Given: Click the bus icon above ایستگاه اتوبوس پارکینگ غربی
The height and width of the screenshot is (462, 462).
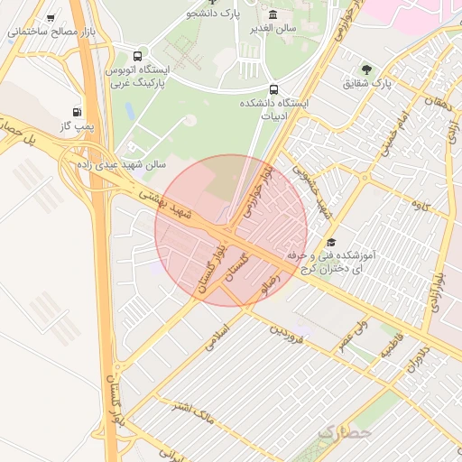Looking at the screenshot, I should pyautogui.click(x=137, y=55).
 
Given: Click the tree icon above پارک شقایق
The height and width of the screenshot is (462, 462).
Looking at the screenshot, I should pyautogui.click(x=367, y=69).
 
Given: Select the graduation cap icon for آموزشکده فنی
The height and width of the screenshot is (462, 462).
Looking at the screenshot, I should pyautogui.click(x=331, y=243).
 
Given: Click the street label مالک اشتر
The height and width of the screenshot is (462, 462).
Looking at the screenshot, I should pyautogui.click(x=195, y=413).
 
